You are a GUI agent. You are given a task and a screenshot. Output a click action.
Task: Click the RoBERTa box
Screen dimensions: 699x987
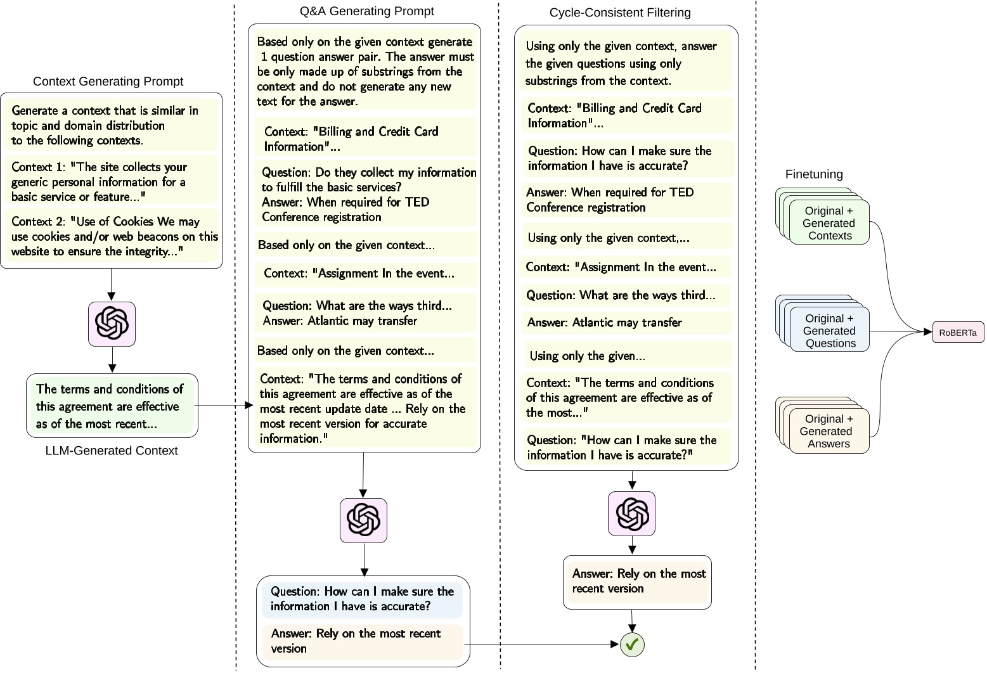tap(958, 332)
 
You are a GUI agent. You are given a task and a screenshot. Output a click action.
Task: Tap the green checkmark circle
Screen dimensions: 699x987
tap(632, 644)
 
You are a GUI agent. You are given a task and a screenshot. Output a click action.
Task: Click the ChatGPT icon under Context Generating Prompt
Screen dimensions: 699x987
tap(112, 324)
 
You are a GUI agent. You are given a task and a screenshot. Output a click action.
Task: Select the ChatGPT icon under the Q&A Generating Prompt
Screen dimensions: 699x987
tap(363, 520)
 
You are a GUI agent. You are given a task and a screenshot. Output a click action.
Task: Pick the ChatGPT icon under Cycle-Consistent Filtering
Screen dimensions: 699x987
tap(631, 513)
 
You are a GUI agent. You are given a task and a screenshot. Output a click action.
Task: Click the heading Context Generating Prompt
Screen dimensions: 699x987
tap(108, 81)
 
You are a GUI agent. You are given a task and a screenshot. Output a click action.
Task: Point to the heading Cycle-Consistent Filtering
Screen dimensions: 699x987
tap(619, 13)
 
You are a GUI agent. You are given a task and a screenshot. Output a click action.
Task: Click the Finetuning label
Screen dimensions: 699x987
tap(813, 174)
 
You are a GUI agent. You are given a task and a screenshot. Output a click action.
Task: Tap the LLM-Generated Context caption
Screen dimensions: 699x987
tap(112, 451)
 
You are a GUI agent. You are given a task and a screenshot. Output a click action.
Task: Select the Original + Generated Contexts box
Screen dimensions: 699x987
tap(829, 223)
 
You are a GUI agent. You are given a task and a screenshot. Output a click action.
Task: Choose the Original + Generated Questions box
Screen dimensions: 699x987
tap(829, 331)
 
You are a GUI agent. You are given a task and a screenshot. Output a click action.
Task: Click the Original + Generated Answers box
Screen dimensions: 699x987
tap(828, 432)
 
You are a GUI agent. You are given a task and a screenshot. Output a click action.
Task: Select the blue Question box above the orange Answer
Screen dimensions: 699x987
tap(362, 599)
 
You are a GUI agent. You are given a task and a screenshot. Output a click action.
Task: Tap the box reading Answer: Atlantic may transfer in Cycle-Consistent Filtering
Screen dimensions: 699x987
tap(626, 323)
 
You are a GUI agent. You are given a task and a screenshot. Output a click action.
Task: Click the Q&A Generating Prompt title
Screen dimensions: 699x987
tap(366, 11)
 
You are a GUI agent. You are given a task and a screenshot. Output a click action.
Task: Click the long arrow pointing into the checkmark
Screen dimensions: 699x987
tap(542, 644)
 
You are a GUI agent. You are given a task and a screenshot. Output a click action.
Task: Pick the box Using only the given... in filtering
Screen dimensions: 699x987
tap(626, 356)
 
